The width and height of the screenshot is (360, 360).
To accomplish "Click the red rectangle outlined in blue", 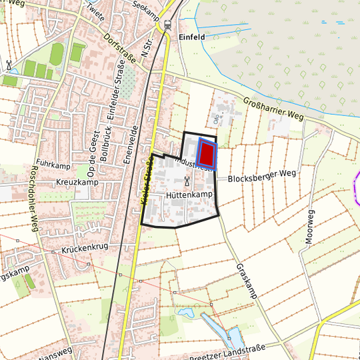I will pyautogui.click(x=207, y=154).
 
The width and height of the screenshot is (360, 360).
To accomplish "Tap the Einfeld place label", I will pyautogui.click(x=192, y=37).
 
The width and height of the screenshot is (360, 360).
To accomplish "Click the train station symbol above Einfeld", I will pyautogui.click(x=167, y=25).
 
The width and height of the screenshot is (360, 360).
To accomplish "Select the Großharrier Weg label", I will pyautogui.click(x=273, y=108).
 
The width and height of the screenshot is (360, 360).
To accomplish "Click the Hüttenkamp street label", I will pyautogui.click(x=189, y=194).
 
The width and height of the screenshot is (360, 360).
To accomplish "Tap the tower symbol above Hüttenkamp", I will pyautogui.click(x=187, y=181).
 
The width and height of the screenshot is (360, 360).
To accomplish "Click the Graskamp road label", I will pyautogui.click(x=246, y=279).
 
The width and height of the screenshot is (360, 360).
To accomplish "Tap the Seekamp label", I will pyautogui.click(x=148, y=7).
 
